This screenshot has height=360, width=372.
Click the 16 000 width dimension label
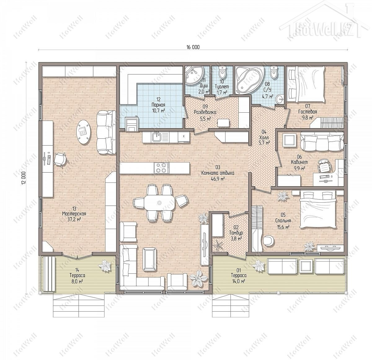pos(193,47)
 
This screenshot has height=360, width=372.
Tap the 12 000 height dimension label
pos(24,178)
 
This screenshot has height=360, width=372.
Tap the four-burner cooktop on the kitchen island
pos(161,168)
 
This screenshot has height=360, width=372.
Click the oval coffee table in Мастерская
pos(84,132)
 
